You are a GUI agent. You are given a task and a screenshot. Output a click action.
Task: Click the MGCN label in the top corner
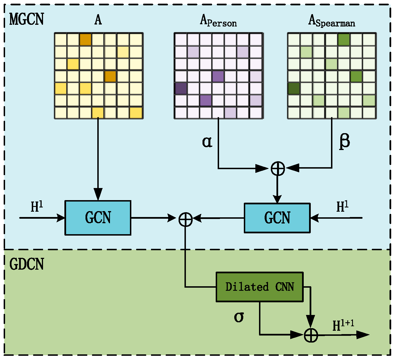(x=27, y=19)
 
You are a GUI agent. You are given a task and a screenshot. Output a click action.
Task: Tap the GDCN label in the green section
(x=27, y=264)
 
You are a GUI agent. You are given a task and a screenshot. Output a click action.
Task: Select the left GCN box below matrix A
(x=98, y=218)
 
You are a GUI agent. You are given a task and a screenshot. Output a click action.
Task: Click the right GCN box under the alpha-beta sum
(x=277, y=218)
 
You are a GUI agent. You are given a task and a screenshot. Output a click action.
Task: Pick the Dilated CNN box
(x=260, y=287)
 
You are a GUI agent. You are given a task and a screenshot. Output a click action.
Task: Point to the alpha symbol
(x=207, y=142)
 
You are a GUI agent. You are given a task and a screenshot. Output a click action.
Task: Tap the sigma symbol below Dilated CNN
(x=239, y=317)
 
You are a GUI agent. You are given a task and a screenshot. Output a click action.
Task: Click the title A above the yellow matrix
(x=98, y=20)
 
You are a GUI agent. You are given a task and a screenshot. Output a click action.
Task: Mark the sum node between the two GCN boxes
(x=186, y=219)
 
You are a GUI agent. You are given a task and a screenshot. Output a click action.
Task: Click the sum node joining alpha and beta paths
(x=278, y=169)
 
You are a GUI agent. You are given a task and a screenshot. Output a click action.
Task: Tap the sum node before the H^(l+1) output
(x=311, y=335)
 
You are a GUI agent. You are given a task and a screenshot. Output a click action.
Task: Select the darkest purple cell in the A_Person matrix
(x=181, y=88)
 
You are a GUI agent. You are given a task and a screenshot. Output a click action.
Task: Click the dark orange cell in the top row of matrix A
(x=85, y=39)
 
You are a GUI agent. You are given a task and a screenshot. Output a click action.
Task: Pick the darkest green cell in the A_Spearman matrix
(x=294, y=88)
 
